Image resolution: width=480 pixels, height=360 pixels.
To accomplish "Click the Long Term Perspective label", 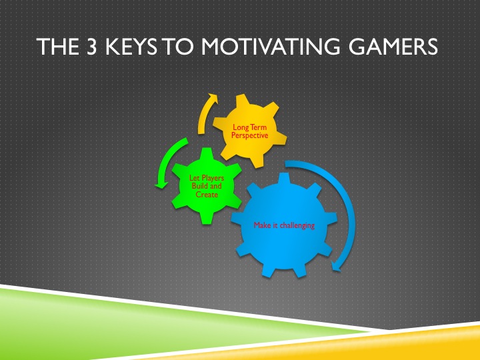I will [249, 131].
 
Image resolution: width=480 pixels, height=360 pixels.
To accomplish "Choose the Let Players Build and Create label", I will [207, 186].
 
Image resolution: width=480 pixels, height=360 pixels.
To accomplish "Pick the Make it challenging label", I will [284, 225].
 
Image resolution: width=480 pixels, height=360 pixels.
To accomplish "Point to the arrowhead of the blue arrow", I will [337, 267].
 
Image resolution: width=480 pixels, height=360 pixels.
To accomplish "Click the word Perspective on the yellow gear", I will [249, 135].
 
